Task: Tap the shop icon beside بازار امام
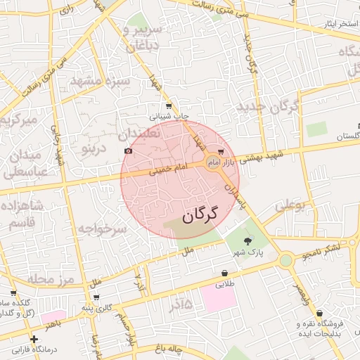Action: [221, 151]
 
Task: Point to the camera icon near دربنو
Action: [127, 150]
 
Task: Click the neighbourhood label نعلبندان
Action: [139, 132]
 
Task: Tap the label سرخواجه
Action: [102, 229]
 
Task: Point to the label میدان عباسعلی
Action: [26, 162]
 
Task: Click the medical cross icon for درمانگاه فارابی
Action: [34, 340]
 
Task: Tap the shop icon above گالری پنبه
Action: [96, 297]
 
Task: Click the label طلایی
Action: [224, 285]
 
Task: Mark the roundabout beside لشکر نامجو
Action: [285, 260]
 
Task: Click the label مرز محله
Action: [50, 279]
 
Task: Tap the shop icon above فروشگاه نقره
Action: [320, 314]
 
